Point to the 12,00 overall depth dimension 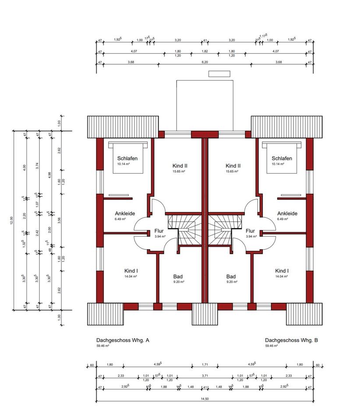click(11, 219)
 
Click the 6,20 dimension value click(205, 62)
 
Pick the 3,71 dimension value click(205, 376)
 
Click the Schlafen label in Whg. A click(127, 158)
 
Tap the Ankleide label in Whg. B click(287, 213)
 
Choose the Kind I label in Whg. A click(131, 271)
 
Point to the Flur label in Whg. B click(250, 231)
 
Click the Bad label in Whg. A click(178, 276)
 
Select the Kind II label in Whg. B click(233, 166)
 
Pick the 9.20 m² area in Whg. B click(231, 282)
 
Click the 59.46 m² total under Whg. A click(103, 346)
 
